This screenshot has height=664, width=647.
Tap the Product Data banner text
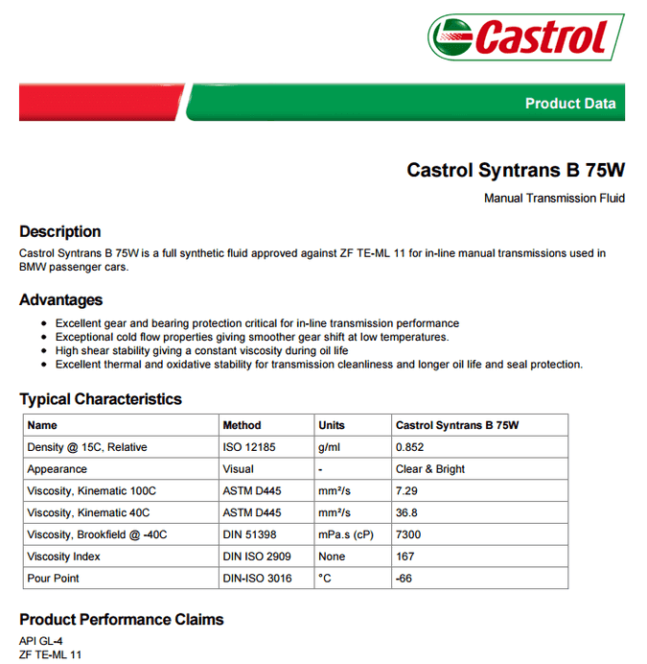(569, 104)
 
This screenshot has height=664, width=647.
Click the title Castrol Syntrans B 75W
(516, 171)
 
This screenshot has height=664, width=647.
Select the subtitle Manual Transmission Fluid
(554, 199)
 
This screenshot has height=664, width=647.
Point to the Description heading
(59, 231)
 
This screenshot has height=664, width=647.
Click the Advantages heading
(60, 299)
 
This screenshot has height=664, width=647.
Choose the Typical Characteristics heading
(100, 399)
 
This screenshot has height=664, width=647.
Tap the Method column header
(242, 425)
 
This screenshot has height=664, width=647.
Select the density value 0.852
(409, 447)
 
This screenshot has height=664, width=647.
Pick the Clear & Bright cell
(430, 469)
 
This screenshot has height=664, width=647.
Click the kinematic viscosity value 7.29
(406, 491)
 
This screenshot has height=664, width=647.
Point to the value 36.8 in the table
(406, 513)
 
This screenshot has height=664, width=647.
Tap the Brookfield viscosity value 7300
(408, 534)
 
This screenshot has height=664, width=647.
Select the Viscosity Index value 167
(404, 557)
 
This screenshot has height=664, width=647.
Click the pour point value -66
(404, 579)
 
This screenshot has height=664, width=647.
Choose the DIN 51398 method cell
(251, 534)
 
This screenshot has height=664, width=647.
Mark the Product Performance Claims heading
(121, 620)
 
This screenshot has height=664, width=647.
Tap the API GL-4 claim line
(40, 641)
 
